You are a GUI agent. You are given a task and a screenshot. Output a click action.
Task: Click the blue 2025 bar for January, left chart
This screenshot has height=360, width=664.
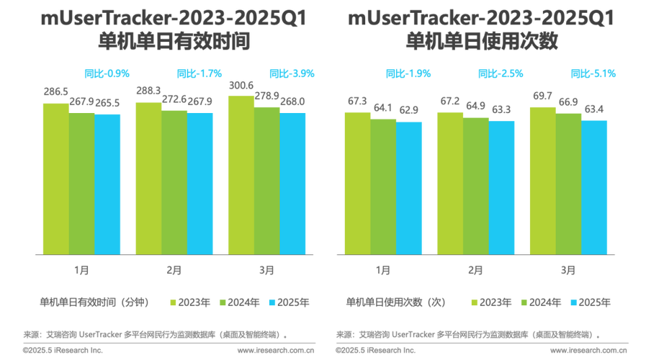coord(108,183)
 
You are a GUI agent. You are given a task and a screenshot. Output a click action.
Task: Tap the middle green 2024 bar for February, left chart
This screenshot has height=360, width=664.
coord(174,181)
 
